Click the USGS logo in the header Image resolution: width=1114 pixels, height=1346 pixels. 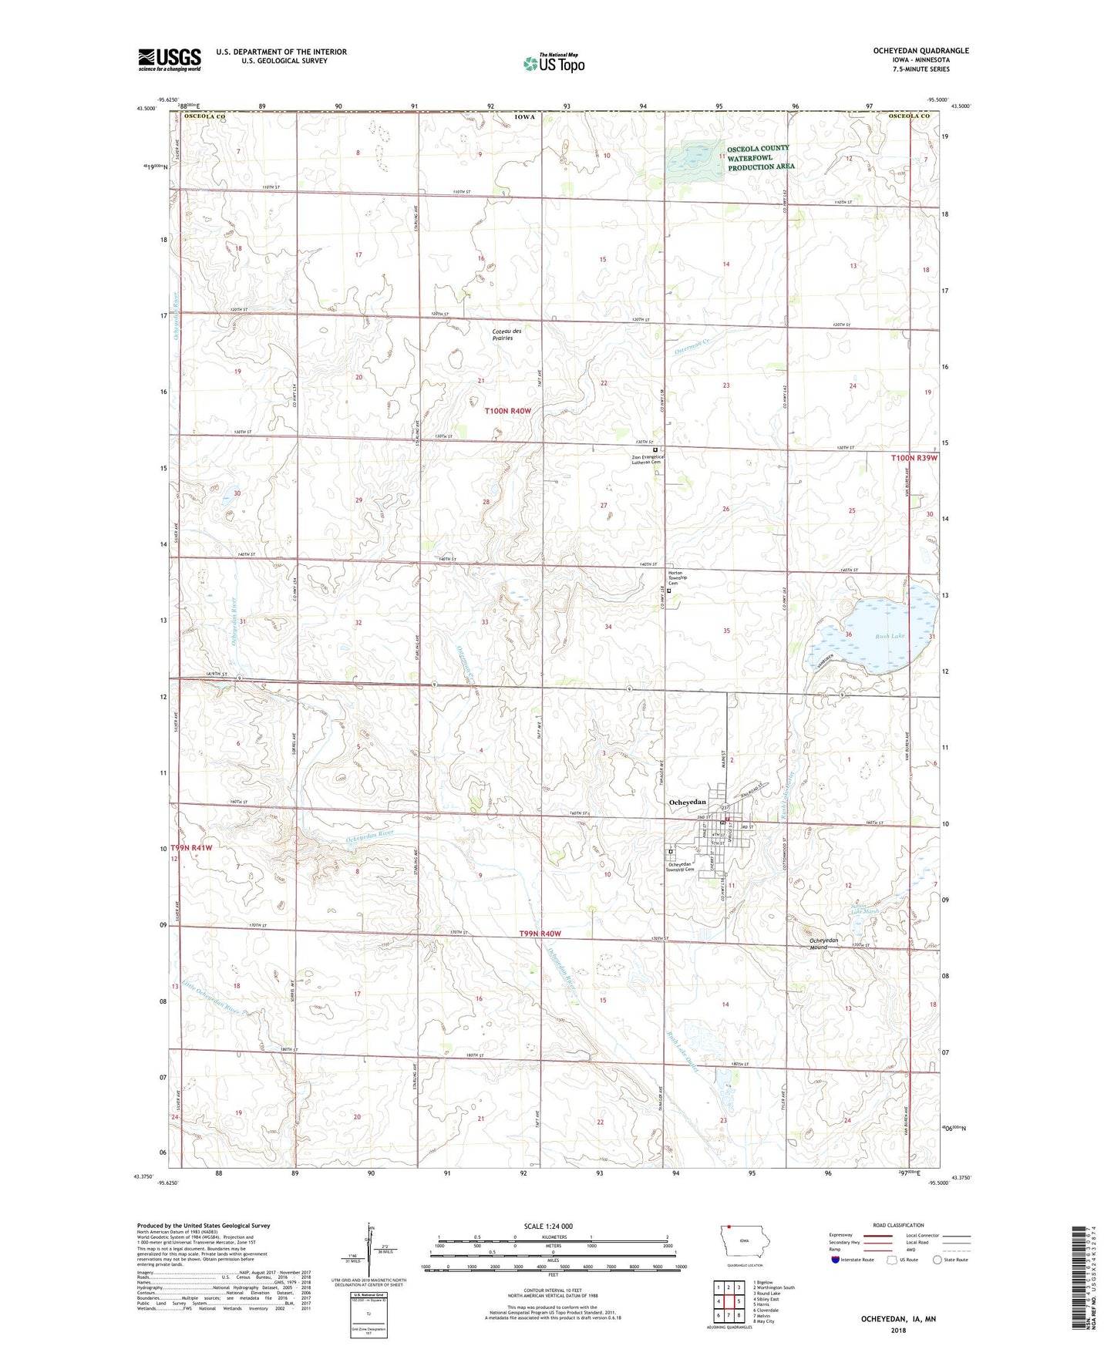(x=170, y=59)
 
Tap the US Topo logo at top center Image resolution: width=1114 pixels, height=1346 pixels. (x=553, y=63)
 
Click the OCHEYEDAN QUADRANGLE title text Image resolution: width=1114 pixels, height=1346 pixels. (x=920, y=51)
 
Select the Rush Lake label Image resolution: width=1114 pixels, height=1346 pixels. (x=889, y=636)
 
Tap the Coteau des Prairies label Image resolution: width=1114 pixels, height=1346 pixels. (x=507, y=335)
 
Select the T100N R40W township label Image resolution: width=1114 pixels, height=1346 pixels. (x=508, y=411)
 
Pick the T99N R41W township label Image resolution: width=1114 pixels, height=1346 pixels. (x=190, y=847)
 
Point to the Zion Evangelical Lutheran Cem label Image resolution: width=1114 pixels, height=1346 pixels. (x=648, y=460)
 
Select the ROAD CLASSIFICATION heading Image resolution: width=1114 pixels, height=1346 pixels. (x=899, y=1225)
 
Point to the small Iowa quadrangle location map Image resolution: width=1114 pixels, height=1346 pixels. (x=744, y=1241)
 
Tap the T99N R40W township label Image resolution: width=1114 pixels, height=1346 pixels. (x=540, y=934)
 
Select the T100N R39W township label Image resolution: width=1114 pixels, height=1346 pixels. (x=914, y=458)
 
